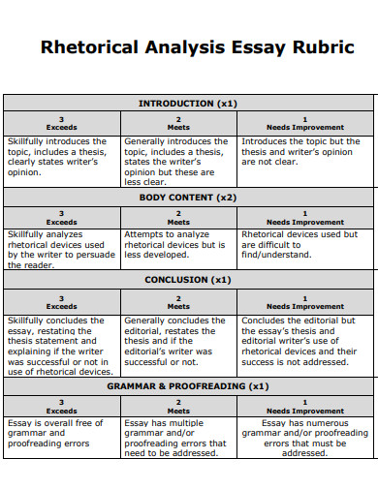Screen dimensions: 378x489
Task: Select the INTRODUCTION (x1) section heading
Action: (x=188, y=103)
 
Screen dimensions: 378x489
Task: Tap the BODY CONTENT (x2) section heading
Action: (x=188, y=197)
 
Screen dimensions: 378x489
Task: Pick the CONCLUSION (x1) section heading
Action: (x=188, y=280)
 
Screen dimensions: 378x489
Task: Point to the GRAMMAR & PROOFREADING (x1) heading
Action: (x=188, y=385)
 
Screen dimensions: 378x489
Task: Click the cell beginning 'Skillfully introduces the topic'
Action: (x=62, y=157)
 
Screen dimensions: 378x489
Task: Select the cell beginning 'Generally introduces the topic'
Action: (x=178, y=161)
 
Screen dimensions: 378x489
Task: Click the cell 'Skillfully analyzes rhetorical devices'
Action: (x=62, y=249)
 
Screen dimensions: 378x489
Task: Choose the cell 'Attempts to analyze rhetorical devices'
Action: (x=178, y=245)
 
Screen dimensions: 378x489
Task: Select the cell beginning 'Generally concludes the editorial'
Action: (x=178, y=340)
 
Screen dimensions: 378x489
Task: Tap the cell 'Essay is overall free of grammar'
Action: (x=62, y=433)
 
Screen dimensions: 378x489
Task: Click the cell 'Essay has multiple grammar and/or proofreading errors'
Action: (x=178, y=438)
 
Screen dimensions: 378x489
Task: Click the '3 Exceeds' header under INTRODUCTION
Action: (x=62, y=123)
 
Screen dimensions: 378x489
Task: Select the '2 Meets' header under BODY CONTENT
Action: (x=178, y=217)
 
